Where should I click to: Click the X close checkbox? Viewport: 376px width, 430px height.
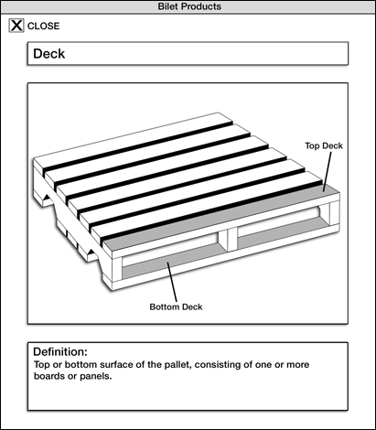16,26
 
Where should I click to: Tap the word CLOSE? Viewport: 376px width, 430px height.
44,26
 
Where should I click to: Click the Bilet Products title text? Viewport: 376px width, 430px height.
189,6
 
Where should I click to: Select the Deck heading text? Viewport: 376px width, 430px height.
48,54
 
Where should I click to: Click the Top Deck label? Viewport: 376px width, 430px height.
324,145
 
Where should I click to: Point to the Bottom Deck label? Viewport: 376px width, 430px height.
176,306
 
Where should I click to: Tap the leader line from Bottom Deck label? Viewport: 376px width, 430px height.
172,282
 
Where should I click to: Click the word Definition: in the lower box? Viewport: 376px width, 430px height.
60,351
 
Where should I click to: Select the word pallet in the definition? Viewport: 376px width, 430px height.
178,365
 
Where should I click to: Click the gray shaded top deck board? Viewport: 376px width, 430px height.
221,218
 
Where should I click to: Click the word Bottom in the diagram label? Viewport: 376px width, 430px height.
163,306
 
